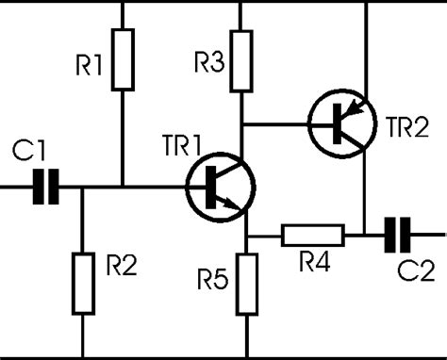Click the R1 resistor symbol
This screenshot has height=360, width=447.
(124, 59)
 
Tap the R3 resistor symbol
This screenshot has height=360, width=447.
(243, 59)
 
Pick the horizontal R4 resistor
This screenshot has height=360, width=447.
(312, 234)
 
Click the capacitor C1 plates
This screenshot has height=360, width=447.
(44, 187)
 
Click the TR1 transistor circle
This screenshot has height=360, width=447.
(220, 187)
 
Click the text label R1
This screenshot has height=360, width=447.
(90, 67)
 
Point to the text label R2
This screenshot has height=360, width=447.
(119, 267)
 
